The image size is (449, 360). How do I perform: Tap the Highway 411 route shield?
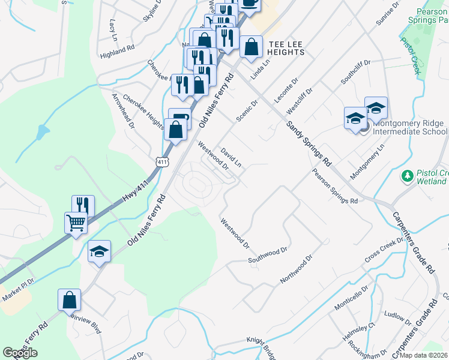click(x=161, y=162)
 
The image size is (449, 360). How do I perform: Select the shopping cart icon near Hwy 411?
click(x=76, y=223)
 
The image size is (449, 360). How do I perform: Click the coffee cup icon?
click(x=250, y=3)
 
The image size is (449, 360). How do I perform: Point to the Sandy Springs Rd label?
click(x=309, y=143)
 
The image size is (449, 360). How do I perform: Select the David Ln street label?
click(x=231, y=158)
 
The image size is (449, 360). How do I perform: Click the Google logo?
click(x=20, y=353)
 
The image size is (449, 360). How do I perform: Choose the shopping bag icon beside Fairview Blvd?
click(x=69, y=299)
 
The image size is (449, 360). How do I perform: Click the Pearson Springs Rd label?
click(x=335, y=185)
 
